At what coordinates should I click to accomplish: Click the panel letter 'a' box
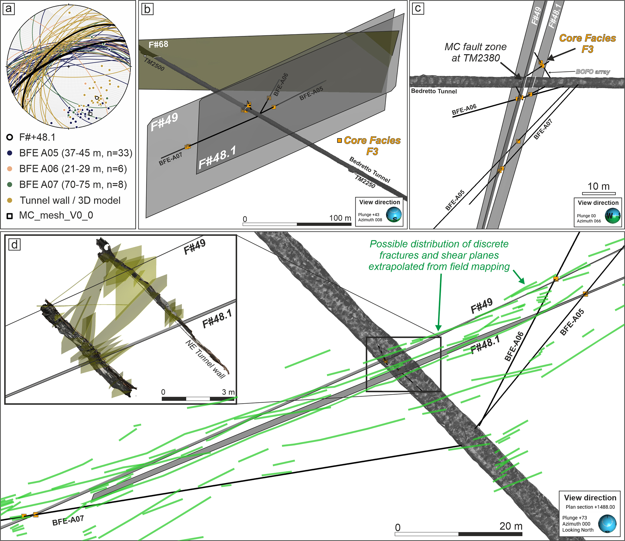(x=8, y=8)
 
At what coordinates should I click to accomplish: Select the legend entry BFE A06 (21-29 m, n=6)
(x=67, y=169)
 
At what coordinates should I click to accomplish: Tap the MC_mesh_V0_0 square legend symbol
(x=10, y=216)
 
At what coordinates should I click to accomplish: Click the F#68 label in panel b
(x=158, y=45)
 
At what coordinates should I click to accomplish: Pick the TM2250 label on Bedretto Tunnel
(x=365, y=182)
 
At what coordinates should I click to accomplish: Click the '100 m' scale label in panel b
(x=340, y=218)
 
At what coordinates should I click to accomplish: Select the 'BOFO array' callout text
(x=593, y=72)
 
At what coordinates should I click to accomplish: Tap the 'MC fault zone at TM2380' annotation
(x=475, y=52)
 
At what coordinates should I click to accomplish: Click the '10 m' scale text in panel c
(x=598, y=186)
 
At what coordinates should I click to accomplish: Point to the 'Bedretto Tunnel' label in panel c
(x=434, y=91)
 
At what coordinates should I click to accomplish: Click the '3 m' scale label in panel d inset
(x=228, y=392)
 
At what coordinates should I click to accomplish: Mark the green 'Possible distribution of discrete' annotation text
(x=439, y=244)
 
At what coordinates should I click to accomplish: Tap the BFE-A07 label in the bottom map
(x=68, y=520)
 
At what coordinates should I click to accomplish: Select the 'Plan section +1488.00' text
(x=590, y=507)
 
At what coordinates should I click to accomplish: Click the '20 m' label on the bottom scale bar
(x=511, y=526)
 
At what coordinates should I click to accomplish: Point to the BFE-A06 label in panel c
(x=464, y=109)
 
